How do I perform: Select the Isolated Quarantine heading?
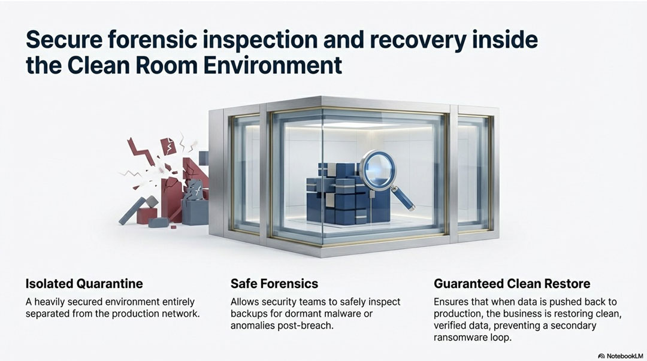click(84, 283)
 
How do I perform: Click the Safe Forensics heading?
click(274, 283)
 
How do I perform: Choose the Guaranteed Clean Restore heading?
click(512, 283)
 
